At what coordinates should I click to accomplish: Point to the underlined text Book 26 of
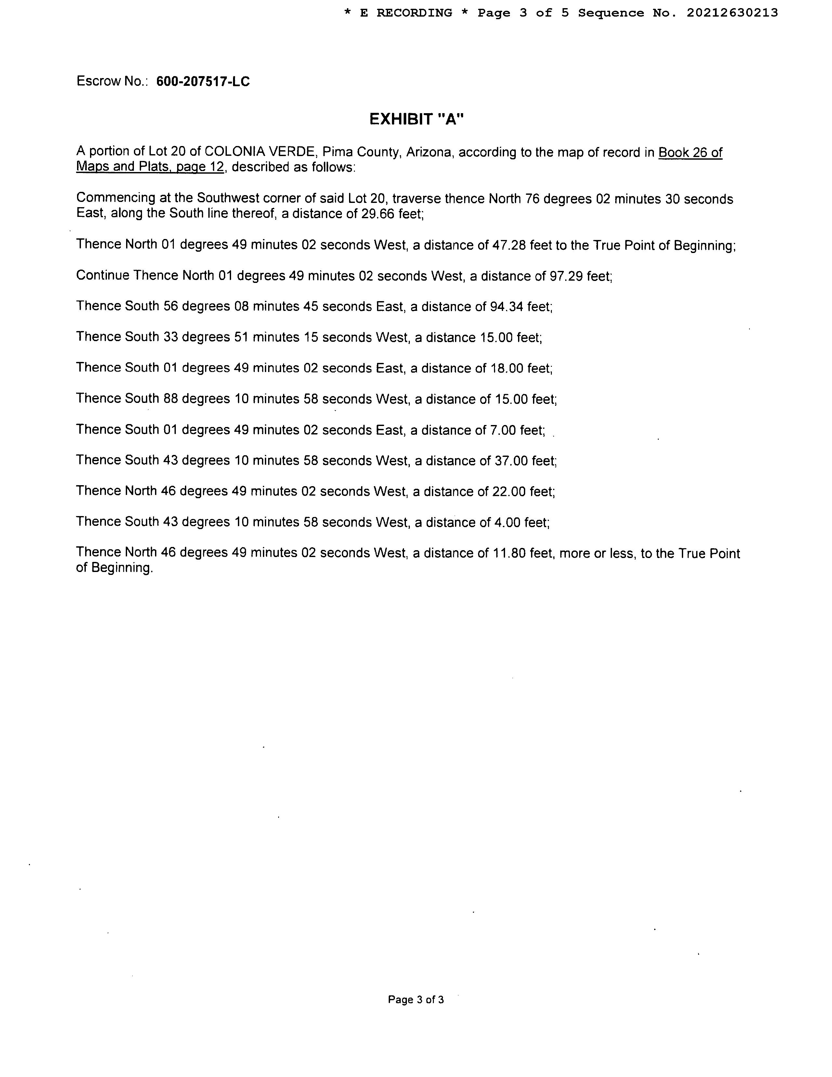tap(690, 153)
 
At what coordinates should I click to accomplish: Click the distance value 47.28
tap(509, 245)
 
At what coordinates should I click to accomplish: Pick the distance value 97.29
tap(566, 276)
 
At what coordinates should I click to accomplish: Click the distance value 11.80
tap(509, 553)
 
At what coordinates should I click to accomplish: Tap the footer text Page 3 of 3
tap(415, 999)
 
